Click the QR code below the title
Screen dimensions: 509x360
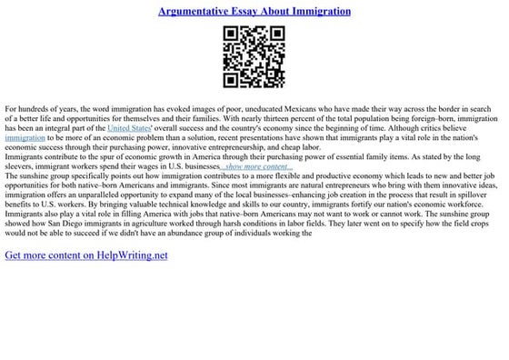pos(254,56)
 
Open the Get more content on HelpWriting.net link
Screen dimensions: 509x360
pos(86,256)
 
